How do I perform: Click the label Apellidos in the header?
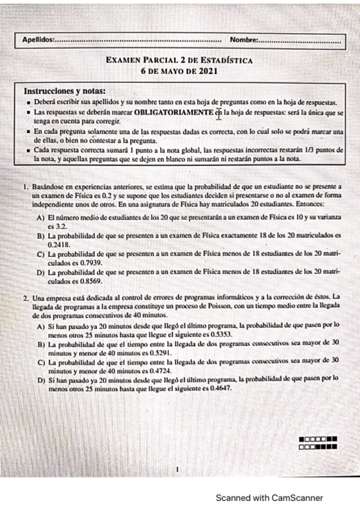(x=37, y=40)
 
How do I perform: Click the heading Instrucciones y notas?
(x=64, y=91)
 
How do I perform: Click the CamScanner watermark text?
(x=270, y=497)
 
